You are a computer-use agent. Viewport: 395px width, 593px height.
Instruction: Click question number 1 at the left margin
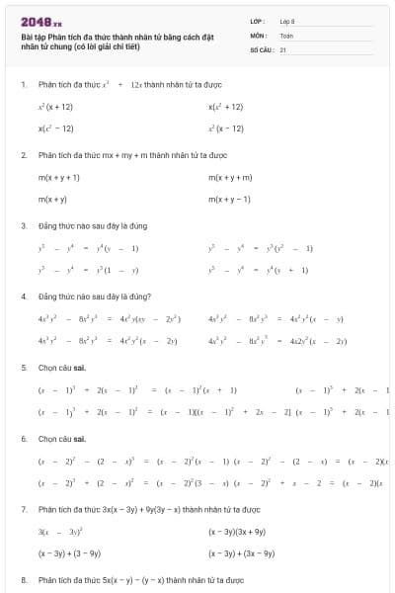[23, 84]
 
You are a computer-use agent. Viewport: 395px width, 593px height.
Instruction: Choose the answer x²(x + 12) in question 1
[55, 106]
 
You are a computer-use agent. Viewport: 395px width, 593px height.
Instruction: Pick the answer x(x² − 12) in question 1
[55, 128]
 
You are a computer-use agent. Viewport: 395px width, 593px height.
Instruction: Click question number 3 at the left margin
[23, 225]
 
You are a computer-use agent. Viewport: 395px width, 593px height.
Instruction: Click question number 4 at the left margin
[23, 296]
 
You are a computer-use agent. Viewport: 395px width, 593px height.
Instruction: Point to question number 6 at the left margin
[23, 438]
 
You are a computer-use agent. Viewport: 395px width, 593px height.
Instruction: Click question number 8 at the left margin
[23, 580]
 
